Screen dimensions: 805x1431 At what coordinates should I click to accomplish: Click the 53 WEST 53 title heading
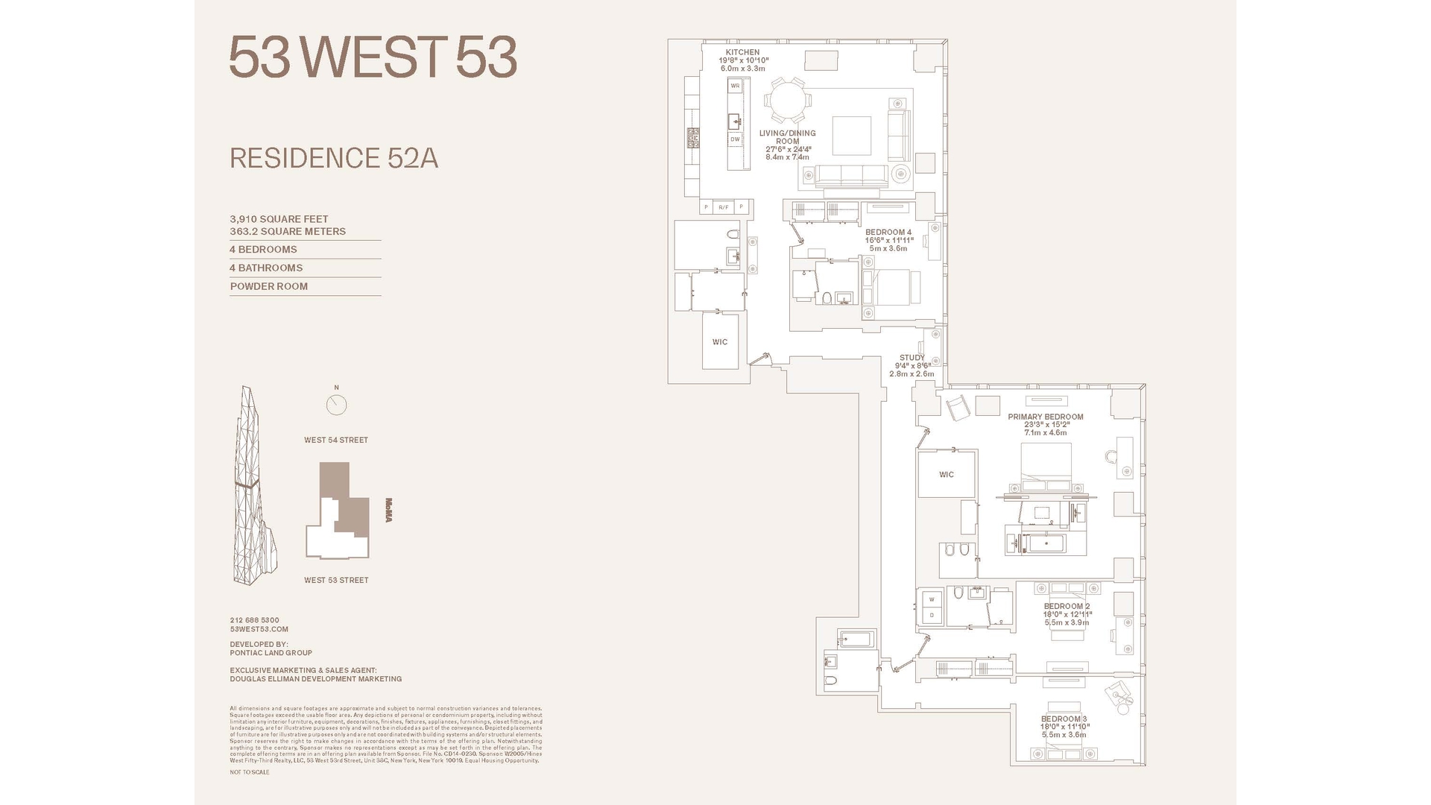point(373,57)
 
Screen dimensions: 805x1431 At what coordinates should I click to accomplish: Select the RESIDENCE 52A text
point(333,158)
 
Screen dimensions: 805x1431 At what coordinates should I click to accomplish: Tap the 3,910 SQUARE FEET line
point(279,219)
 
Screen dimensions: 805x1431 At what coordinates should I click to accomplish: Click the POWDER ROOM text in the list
point(268,286)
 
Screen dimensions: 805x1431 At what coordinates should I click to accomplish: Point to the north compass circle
point(336,405)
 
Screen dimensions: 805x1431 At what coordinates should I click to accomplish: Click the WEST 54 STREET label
point(335,440)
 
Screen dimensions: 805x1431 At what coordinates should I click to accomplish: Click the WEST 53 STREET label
point(335,580)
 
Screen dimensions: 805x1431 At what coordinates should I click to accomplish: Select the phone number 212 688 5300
point(254,620)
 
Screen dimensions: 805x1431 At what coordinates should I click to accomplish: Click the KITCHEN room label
point(742,53)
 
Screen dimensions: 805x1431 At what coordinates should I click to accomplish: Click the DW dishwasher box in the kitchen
point(735,139)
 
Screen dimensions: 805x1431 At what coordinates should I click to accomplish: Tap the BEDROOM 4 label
point(888,233)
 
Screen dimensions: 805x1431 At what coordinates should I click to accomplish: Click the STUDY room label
point(912,358)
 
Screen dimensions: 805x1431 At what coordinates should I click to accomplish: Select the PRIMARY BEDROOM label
point(1045,417)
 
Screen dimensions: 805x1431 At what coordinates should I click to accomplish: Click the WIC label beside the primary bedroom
point(946,474)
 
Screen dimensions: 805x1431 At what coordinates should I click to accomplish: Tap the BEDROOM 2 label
point(1067,606)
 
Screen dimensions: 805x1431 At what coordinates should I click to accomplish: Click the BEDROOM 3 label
point(1064,719)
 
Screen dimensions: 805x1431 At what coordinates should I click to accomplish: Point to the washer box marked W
point(932,600)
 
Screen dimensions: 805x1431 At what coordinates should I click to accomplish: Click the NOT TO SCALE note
point(249,772)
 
